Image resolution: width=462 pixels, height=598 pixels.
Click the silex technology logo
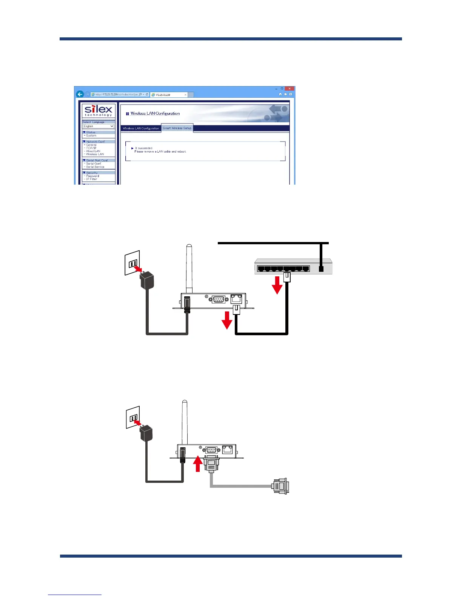tap(98, 111)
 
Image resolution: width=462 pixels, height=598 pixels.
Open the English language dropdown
tap(98, 126)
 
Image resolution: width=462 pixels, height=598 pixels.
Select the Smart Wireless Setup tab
tap(177, 128)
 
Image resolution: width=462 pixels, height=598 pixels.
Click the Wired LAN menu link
tap(93, 151)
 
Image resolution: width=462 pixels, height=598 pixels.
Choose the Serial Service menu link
tap(95, 167)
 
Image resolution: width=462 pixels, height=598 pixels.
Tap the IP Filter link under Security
tap(92, 179)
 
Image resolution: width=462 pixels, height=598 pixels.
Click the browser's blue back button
tap(80, 94)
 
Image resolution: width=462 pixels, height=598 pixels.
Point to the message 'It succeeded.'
tap(144, 148)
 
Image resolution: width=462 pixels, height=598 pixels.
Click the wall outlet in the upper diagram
tap(132, 262)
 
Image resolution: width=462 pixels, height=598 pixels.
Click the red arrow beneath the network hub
tap(277, 285)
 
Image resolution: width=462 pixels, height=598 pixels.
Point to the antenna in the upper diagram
tap(189, 268)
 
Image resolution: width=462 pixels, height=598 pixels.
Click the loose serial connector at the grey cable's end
tap(280, 486)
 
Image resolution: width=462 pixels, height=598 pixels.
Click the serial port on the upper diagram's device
tap(219, 299)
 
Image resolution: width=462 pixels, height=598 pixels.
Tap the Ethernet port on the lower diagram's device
tap(227, 449)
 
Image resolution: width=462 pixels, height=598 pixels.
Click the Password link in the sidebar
tap(92, 176)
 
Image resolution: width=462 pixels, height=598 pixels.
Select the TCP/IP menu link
tap(91, 148)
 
